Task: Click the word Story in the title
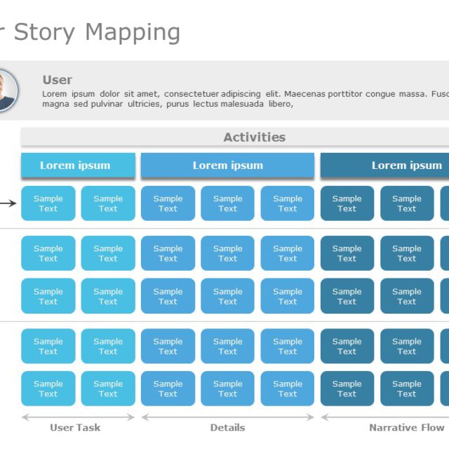tap(46, 32)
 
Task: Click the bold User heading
tap(57, 80)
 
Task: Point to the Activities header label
tap(254, 138)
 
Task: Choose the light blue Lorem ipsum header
tap(75, 166)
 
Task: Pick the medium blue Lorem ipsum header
tap(227, 166)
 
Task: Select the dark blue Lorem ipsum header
tap(406, 166)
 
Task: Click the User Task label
tap(75, 427)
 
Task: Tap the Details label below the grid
tap(227, 427)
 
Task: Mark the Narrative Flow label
tap(406, 427)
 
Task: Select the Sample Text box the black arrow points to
tap(48, 203)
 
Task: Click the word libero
tap(279, 104)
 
